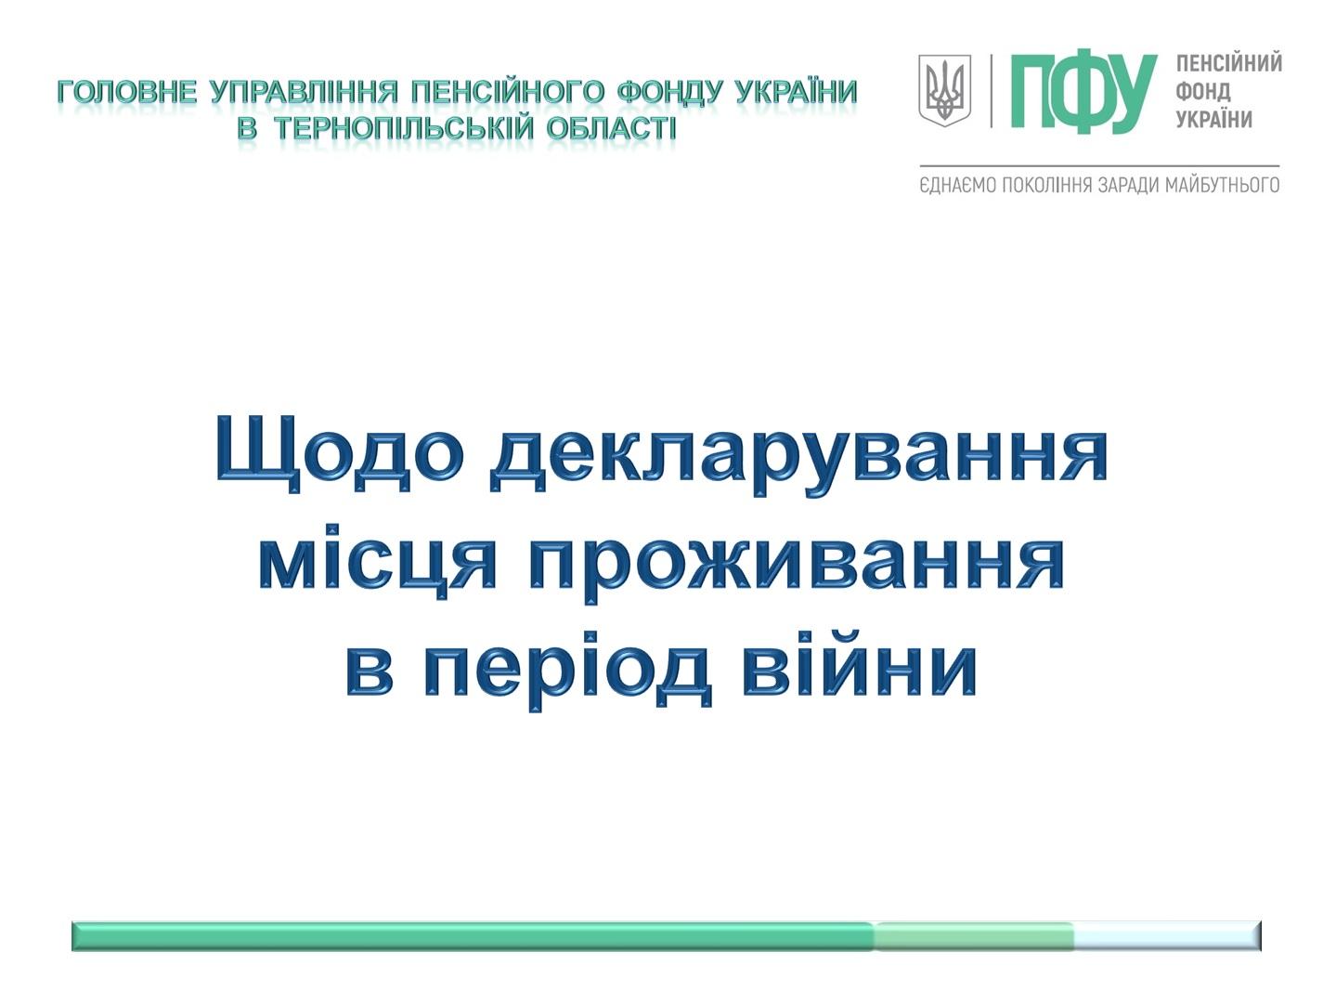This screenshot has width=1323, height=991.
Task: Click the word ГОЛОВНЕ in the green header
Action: point(127,92)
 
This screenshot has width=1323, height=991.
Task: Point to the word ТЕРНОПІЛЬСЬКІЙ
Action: point(404,129)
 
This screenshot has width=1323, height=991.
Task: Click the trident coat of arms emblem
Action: point(944,90)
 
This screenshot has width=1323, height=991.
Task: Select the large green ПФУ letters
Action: point(1083,92)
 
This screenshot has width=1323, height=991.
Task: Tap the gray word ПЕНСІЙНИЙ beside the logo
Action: point(1228,63)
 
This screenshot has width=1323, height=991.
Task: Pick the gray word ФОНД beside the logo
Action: point(1203,92)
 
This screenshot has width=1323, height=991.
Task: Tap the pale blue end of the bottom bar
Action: point(1168,935)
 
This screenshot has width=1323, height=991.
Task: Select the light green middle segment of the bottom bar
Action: point(973,935)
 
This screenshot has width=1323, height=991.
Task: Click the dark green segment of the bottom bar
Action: point(473,935)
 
